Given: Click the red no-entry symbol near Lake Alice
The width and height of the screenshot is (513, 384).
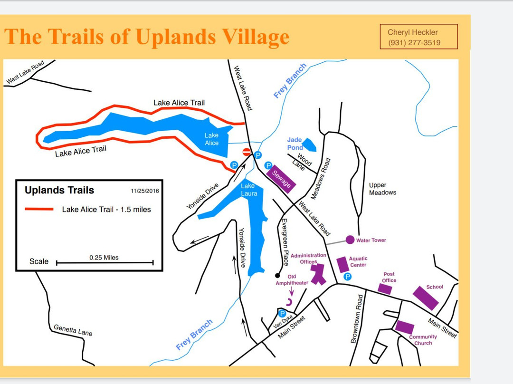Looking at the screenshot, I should click(x=247, y=152).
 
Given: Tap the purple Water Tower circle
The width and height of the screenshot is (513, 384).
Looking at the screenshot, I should click(x=350, y=240).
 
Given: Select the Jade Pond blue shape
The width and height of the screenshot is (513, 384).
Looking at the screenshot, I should click(x=309, y=144).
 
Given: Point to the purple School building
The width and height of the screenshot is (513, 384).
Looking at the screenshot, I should click(x=425, y=298).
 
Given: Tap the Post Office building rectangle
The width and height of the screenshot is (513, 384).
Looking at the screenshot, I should click(x=385, y=289).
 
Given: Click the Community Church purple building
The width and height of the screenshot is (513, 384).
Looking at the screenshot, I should click(x=404, y=327).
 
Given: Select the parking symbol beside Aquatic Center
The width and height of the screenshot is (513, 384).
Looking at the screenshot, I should click(x=347, y=277).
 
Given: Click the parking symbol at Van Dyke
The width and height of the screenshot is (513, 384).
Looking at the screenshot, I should click(x=282, y=314).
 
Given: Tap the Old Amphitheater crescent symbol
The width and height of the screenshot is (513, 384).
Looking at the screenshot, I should click(x=289, y=302).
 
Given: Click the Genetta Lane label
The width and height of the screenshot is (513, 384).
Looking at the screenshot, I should click(x=73, y=330).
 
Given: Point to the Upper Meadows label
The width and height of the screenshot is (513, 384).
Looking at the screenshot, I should click(x=382, y=189).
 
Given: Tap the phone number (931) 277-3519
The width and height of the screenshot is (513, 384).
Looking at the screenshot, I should click(x=414, y=43).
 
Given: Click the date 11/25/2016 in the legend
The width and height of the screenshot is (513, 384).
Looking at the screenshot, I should click(x=145, y=191).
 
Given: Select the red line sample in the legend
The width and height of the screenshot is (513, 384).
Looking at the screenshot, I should click(x=39, y=209).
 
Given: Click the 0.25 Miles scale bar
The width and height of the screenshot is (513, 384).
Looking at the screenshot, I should click(x=104, y=262).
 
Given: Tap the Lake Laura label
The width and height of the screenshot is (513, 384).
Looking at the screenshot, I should click(x=249, y=190).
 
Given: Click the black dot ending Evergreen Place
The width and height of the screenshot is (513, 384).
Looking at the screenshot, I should click(x=277, y=275).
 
